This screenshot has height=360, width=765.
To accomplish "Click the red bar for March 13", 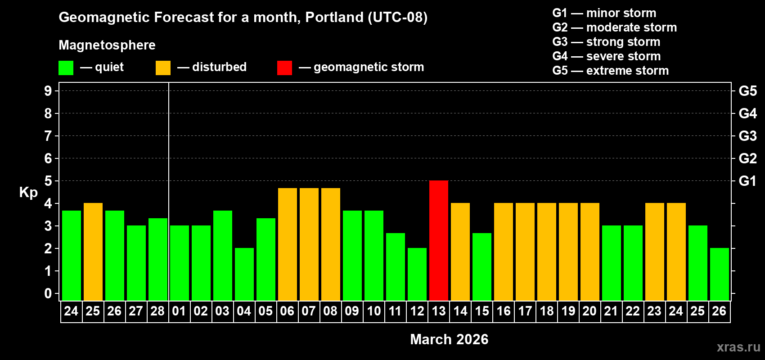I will click(439, 240).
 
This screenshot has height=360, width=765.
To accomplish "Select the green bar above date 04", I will click(244, 274).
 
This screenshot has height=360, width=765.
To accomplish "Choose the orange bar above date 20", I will click(590, 252).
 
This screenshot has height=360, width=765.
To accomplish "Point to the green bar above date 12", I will click(417, 274).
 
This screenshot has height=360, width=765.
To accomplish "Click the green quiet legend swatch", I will click(66, 68).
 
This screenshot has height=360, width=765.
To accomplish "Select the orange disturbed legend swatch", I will click(163, 68).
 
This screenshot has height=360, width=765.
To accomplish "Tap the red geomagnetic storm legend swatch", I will click(284, 68).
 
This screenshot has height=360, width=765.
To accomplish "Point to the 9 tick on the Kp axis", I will click(48, 91).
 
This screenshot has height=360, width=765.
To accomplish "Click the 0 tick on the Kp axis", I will click(48, 294).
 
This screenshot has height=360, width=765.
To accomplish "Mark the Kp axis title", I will click(28, 193).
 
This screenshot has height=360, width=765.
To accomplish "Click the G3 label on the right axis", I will click(747, 136).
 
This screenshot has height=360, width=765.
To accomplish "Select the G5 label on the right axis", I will click(747, 91).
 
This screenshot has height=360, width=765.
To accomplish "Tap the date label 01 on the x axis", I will click(179, 311).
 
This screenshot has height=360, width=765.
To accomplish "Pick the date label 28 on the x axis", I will click(157, 311).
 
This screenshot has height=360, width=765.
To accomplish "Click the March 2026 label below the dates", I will click(449, 339).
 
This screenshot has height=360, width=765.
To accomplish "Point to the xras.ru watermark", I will click(738, 347).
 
